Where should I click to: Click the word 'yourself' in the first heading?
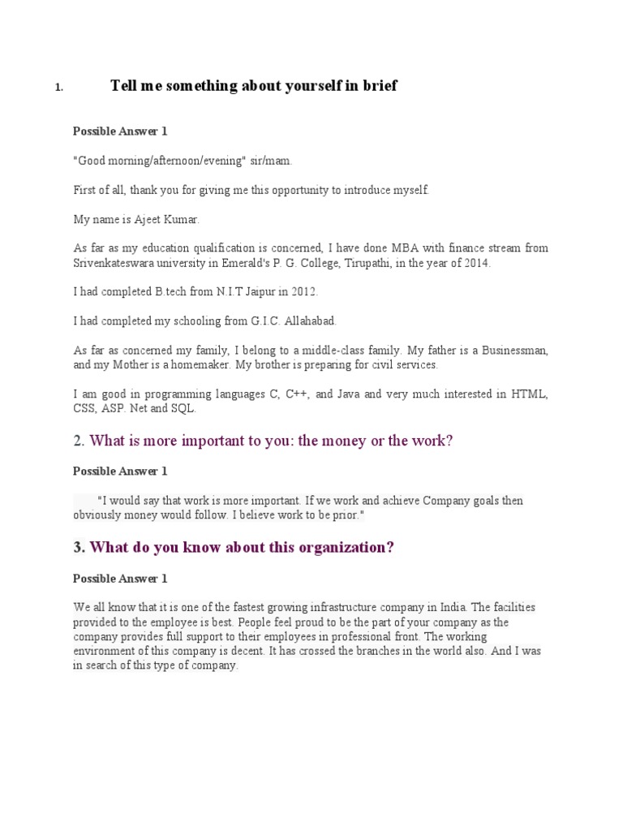pos(303,86)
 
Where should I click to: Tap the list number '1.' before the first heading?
pos(59,88)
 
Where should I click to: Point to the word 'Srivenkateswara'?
pos(112,263)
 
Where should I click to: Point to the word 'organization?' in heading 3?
pos(346,548)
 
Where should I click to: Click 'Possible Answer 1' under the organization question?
pos(120,579)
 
